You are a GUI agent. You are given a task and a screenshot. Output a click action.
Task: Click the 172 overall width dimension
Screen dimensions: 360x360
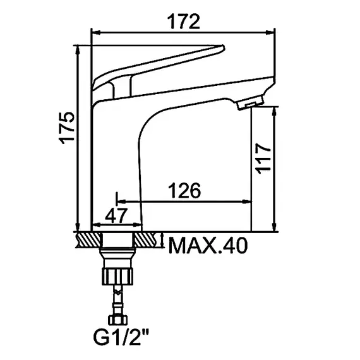pos(184,22)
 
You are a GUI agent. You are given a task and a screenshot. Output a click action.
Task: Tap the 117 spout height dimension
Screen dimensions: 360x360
pos(265,157)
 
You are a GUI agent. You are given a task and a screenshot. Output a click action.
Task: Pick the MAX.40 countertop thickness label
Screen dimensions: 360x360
pos(207,245)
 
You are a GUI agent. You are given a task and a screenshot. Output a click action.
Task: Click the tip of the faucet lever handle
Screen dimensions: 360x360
pos(220,48)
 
